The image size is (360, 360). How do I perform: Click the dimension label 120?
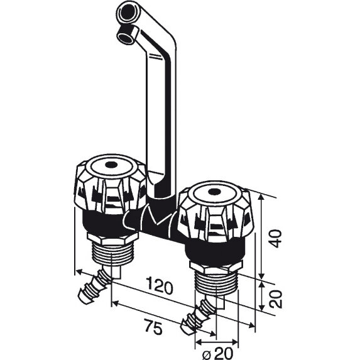(160, 286)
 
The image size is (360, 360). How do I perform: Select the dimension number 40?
(276, 238)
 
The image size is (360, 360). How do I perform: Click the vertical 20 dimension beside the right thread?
(276, 299)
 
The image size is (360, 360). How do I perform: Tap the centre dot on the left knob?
(111, 165)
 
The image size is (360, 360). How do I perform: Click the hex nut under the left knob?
(112, 238)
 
